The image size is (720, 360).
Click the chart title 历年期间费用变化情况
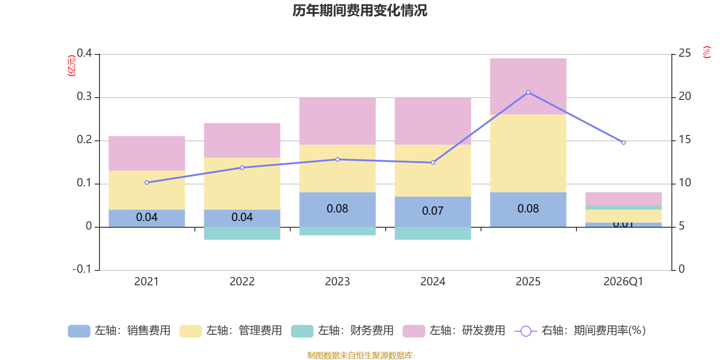[360, 10]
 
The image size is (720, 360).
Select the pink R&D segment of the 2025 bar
[528, 86]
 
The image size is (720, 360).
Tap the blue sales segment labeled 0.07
[432, 211]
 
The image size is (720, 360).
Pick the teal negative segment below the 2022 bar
[242, 233]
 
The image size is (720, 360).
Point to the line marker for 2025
[528, 92]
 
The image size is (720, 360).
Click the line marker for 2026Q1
[623, 143]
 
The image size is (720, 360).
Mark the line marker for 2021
[147, 183]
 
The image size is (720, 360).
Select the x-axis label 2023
[337, 282]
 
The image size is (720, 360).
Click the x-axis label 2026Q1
[623, 282]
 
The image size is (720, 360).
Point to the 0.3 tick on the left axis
[84, 97]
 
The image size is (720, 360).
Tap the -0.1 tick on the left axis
[82, 269]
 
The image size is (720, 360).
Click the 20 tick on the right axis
[684, 96]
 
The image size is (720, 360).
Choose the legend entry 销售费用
[119, 331]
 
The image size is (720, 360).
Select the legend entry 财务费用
[342, 331]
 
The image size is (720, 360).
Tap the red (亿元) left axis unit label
[71, 66]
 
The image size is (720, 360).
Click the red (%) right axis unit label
[706, 52]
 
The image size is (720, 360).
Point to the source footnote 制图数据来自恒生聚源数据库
[360, 355]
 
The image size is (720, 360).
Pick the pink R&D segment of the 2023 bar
[337, 121]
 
